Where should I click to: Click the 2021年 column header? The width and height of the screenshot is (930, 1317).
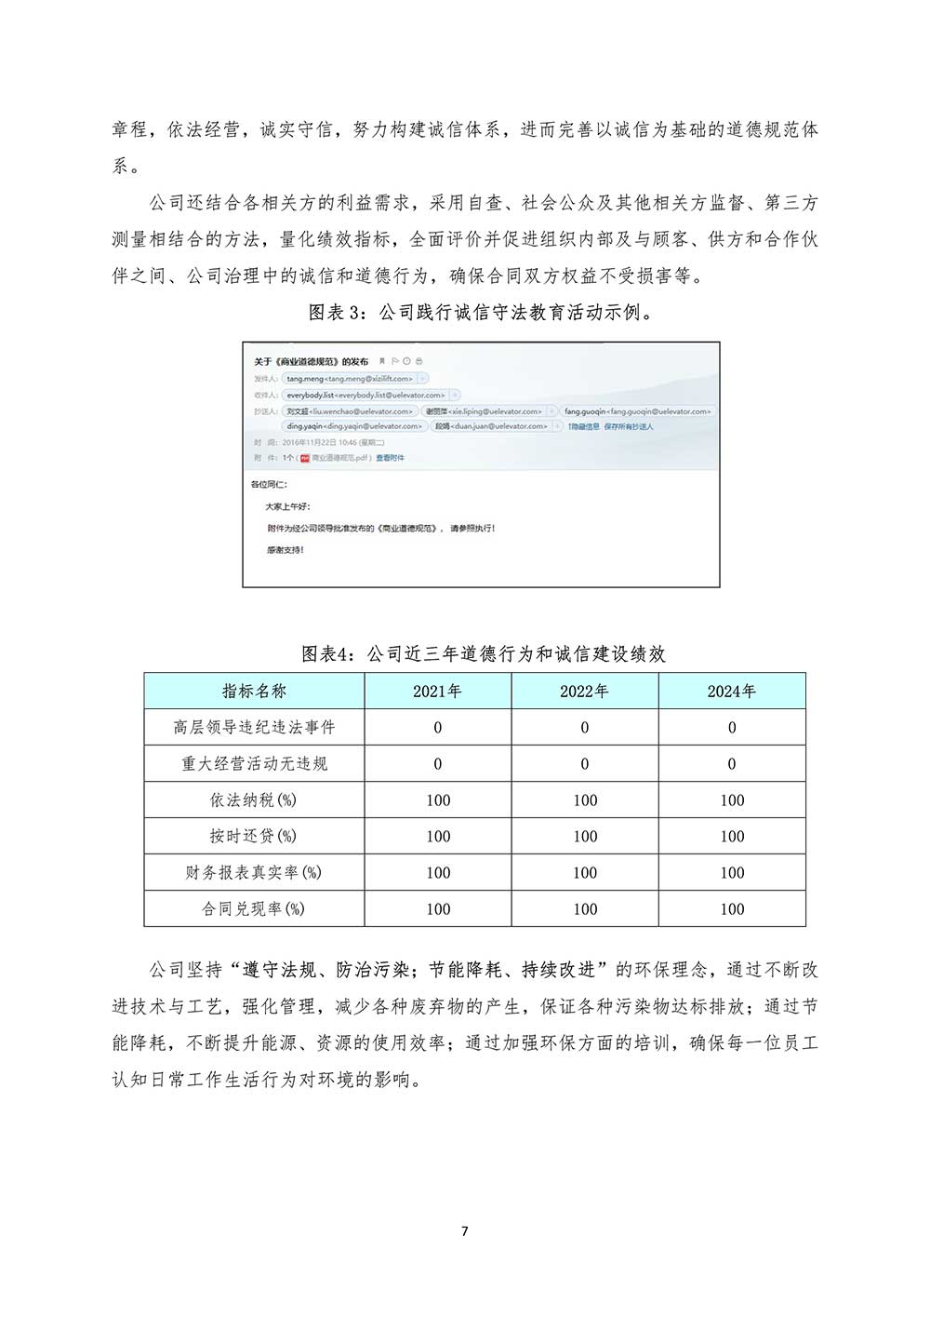tap(437, 691)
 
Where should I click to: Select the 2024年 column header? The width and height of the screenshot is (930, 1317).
tap(731, 691)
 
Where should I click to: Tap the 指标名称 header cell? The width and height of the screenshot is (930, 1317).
tap(254, 691)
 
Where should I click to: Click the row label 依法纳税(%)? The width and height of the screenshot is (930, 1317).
tap(254, 800)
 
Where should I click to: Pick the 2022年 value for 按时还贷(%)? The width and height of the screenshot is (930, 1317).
tap(585, 836)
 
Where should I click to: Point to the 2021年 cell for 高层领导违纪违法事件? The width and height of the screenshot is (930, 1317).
tap(437, 727)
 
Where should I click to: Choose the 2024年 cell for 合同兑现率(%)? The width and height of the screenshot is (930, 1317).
tap(731, 908)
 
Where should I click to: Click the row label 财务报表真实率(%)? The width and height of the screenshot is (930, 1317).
tap(254, 872)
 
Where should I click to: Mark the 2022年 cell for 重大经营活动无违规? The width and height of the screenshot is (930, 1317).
tap(585, 763)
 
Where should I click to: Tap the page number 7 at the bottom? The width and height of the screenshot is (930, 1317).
tap(465, 1231)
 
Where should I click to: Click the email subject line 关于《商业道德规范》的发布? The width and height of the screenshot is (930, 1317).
tap(312, 361)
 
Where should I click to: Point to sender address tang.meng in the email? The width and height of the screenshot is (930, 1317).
tap(349, 379)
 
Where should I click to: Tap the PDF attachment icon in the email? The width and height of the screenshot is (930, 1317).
tap(304, 458)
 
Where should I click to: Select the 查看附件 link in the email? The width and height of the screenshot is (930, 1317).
tap(390, 458)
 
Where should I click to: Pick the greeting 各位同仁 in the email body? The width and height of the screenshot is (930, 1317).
tap(270, 485)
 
